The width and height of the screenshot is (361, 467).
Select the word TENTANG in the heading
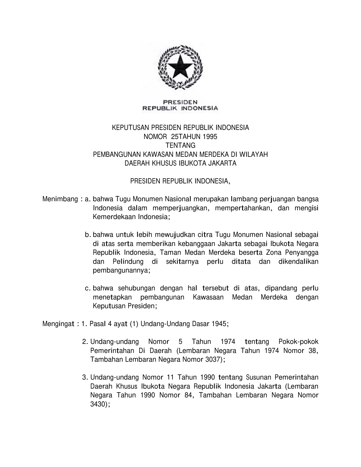click(x=180, y=145)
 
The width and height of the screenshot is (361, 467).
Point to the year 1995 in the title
click(x=210, y=137)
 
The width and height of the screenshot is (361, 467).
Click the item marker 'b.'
click(x=88, y=235)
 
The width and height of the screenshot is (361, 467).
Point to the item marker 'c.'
click(x=88, y=288)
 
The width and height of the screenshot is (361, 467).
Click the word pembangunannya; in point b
click(x=121, y=270)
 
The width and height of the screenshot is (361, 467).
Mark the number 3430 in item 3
click(x=98, y=404)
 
